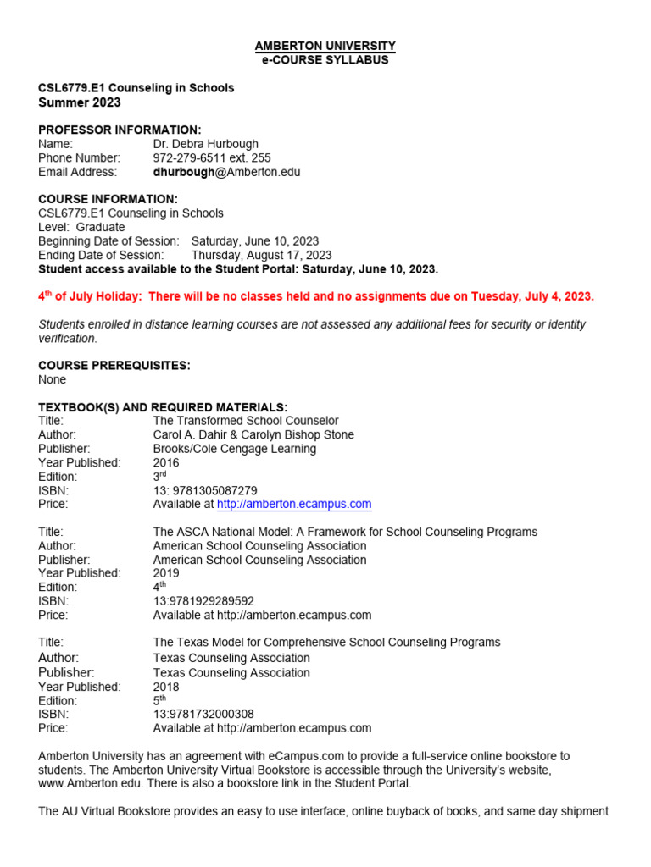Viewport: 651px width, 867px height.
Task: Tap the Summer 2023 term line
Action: click(80, 102)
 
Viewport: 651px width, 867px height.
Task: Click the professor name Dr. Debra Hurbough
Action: click(206, 144)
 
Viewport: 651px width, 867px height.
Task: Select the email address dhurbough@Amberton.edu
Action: click(226, 172)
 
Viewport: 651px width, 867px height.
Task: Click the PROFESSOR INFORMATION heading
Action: click(120, 130)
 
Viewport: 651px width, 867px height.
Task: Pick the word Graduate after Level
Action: click(100, 227)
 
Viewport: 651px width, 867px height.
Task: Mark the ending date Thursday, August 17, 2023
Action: click(261, 255)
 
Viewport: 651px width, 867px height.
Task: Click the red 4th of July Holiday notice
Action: click(316, 296)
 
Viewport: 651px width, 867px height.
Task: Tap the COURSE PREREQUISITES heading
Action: click(114, 366)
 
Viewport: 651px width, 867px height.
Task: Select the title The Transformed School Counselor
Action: click(246, 421)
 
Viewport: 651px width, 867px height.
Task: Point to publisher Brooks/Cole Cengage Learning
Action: click(235, 449)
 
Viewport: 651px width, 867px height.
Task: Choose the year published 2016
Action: click(166, 462)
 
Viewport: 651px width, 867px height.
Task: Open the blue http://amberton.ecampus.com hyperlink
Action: click(294, 504)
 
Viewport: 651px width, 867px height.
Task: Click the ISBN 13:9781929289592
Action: click(203, 601)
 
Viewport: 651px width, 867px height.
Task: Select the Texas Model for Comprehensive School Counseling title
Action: click(326, 643)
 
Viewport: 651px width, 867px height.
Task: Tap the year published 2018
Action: click(166, 687)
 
